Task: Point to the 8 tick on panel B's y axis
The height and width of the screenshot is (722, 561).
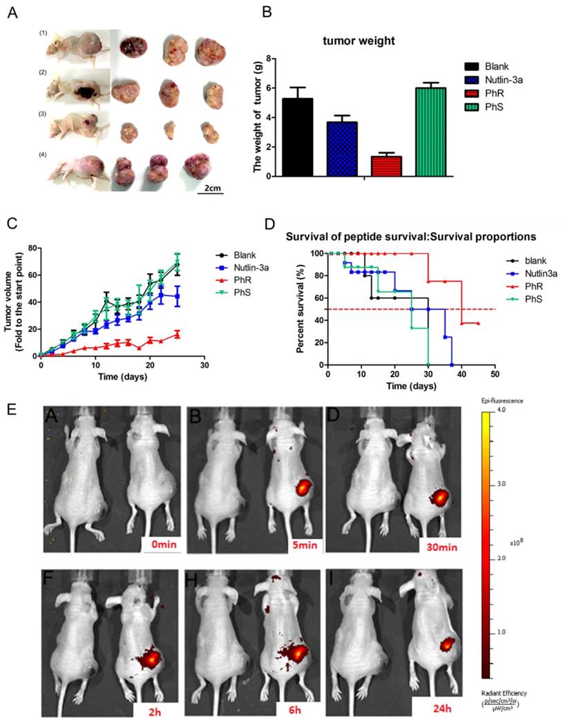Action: tap(261, 61)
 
